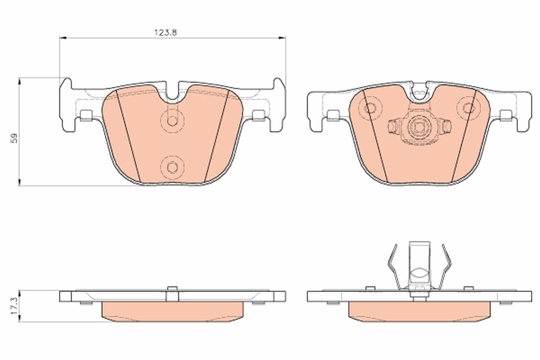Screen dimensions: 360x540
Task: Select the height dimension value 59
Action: pos(14,138)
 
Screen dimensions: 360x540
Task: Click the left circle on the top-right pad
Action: pos(370,108)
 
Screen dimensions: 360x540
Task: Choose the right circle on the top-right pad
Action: pos(468,108)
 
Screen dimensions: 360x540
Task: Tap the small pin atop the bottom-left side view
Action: pos(171,288)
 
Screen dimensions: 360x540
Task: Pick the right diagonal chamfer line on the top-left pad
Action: pos(218,135)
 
